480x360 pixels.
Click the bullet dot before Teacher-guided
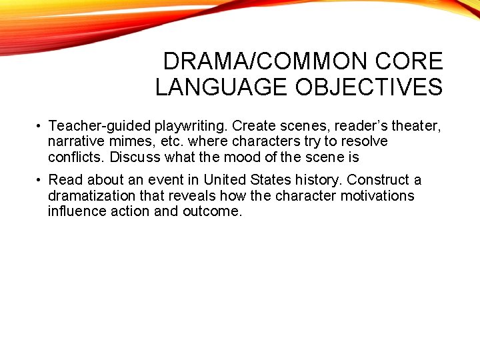click(41, 126)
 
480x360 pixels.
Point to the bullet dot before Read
click(41, 181)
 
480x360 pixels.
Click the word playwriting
click(191, 125)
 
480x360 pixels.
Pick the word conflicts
click(77, 157)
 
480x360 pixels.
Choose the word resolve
click(363, 141)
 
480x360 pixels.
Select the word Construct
click(377, 180)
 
